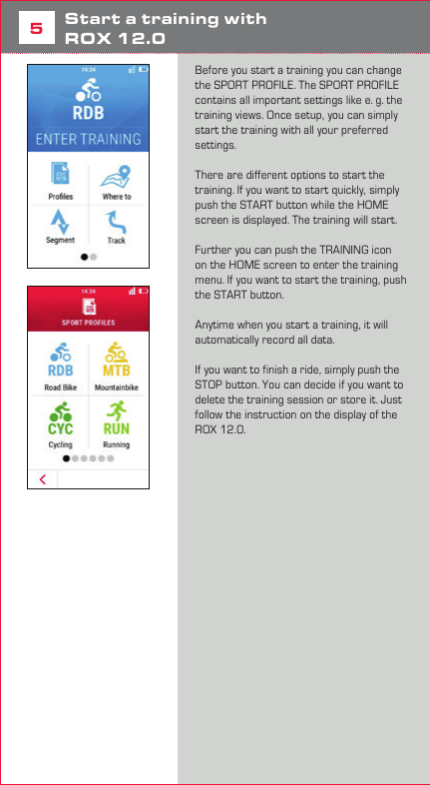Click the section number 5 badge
coord(35,29)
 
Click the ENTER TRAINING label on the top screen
coord(88,138)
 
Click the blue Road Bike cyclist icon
coord(61,356)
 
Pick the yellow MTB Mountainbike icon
coord(117,356)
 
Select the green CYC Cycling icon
coord(61,411)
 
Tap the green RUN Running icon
coord(117,411)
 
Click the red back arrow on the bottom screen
coord(42,479)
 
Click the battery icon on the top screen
coord(142,70)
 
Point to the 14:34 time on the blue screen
coord(88,70)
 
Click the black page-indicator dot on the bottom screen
coord(67,458)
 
